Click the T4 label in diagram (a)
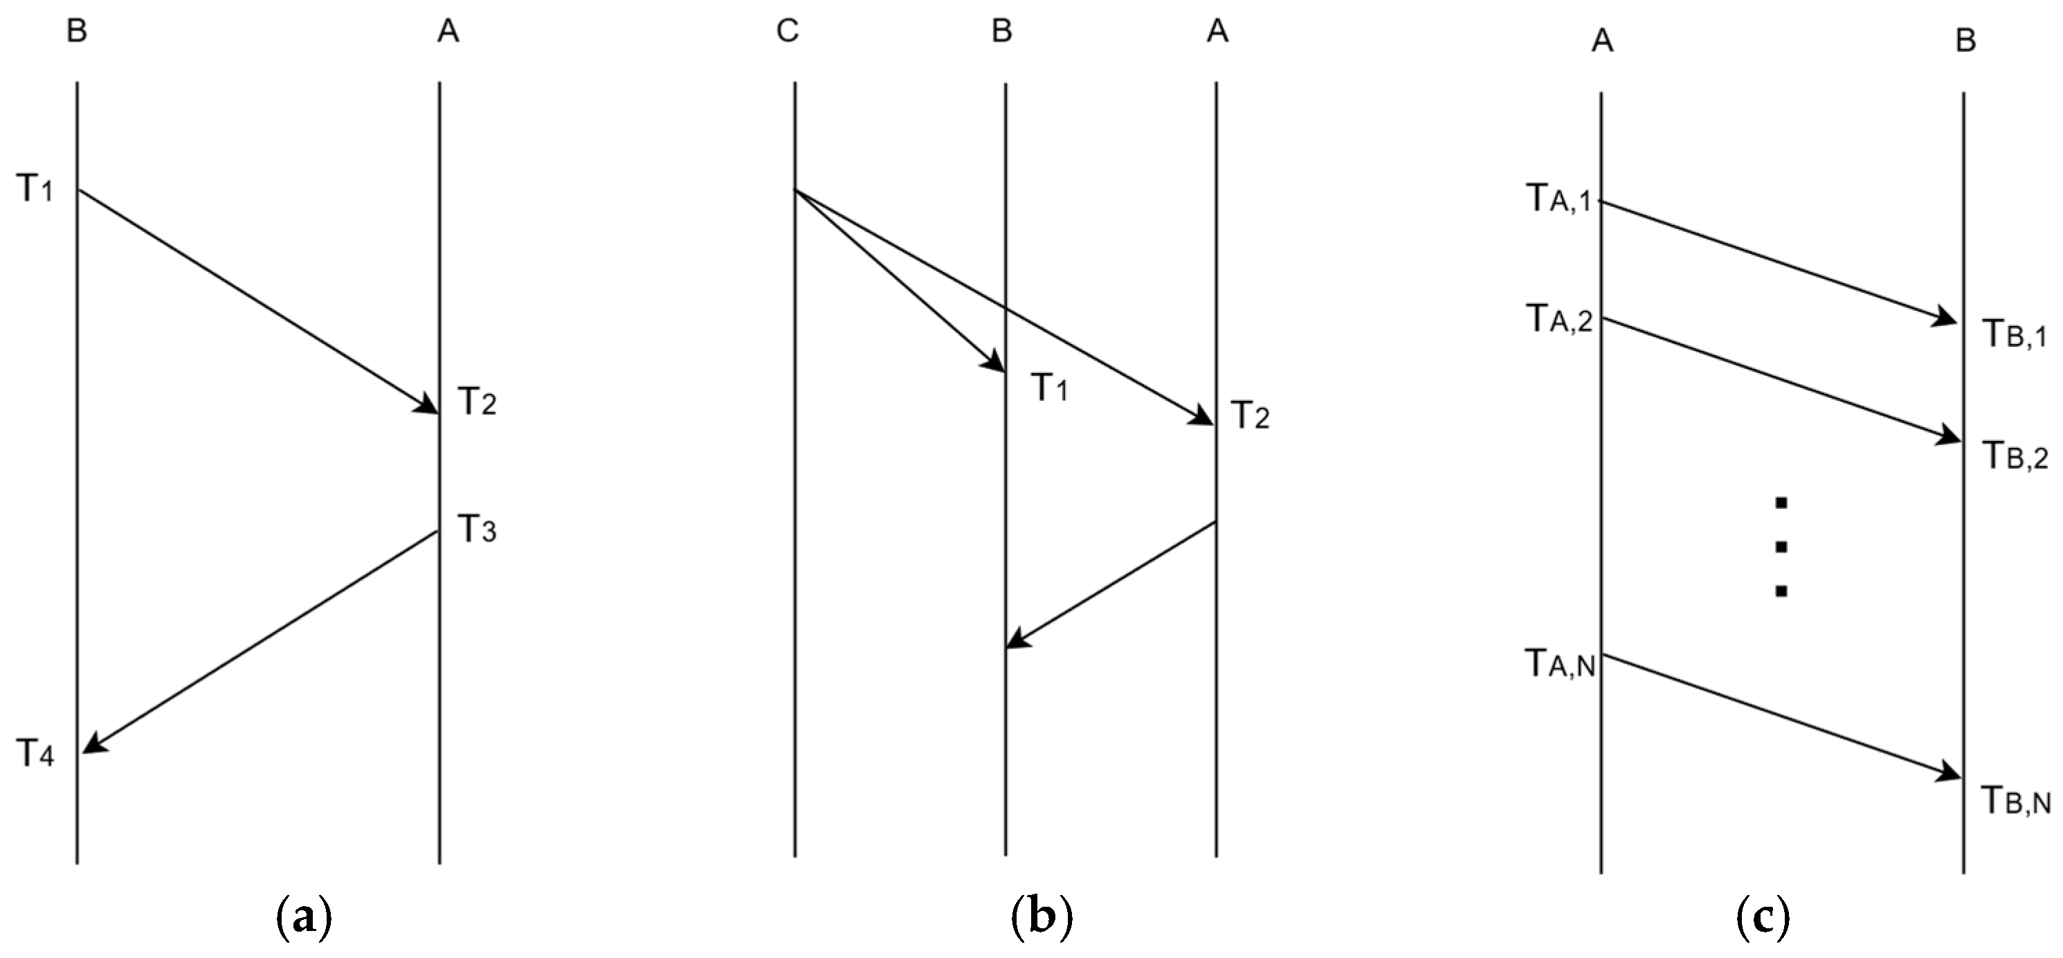[x=35, y=753]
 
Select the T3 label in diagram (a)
[x=478, y=529]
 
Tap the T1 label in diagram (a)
[x=35, y=189]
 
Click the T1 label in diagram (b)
[x=1049, y=388]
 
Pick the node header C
[x=788, y=32]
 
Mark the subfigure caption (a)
[x=302, y=919]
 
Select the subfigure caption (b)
[x=1041, y=919]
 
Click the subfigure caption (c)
[x=1763, y=919]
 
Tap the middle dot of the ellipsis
[x=1781, y=547]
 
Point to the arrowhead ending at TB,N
[x=1951, y=775]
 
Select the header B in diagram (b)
[x=1001, y=32]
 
